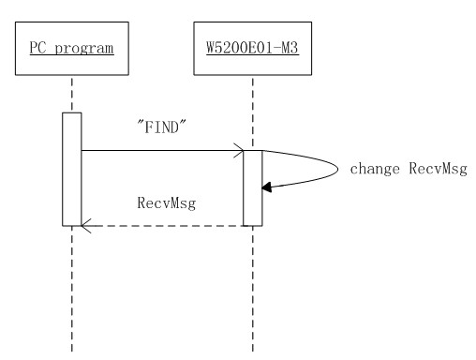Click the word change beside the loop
[371, 170]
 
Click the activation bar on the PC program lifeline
[72, 169]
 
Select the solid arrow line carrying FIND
[159, 150]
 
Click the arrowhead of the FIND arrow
[240, 150]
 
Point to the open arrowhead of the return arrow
[85, 225]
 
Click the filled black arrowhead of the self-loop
[268, 187]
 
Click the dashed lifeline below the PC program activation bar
[72, 291]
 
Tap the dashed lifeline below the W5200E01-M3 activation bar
[253, 291]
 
